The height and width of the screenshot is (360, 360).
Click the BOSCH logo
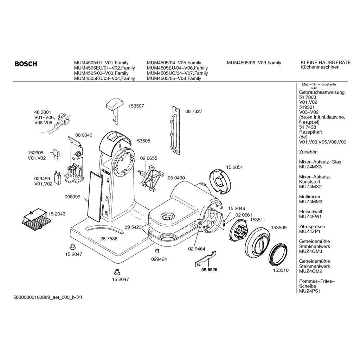pos(26,64)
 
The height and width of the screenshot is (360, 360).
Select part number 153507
pos(136,105)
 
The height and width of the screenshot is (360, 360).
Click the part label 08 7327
pos(194,111)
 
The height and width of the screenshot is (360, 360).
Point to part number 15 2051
pos(234,167)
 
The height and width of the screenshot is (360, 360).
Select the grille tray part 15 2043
pos(34,219)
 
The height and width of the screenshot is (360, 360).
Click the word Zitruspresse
pos(312,227)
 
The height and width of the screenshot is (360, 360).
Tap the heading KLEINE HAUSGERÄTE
pos(326,63)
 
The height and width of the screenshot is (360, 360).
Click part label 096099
pos(72,197)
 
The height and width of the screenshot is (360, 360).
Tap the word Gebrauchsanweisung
pos(322,92)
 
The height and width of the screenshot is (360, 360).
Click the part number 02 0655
pos(149,159)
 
